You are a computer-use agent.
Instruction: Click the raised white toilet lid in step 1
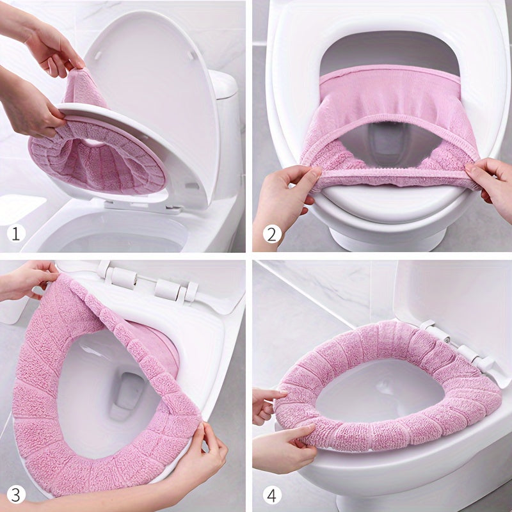(x=160, y=96)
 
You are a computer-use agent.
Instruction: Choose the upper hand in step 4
(x=266, y=403)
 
